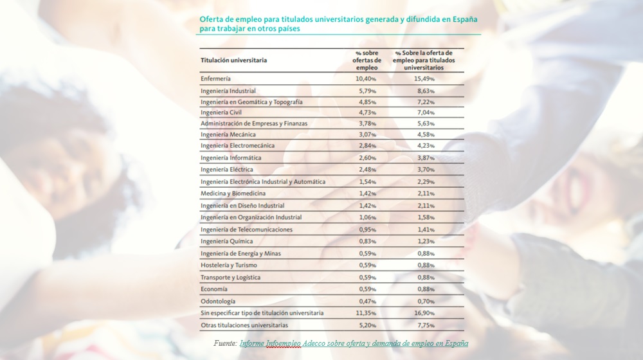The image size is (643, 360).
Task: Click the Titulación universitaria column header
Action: [x=233, y=60]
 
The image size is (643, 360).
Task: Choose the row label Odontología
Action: [x=218, y=301]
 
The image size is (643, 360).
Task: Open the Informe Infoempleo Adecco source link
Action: [x=353, y=344]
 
